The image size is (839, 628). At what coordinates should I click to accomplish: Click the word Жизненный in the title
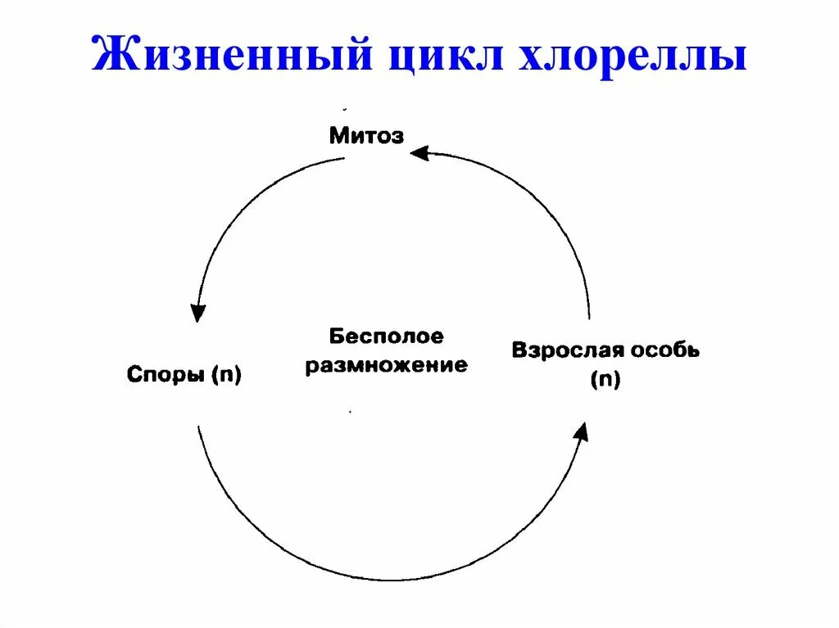click(x=220, y=56)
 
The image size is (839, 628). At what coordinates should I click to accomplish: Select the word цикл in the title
click(x=438, y=56)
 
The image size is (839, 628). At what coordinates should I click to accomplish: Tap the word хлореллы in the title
click(x=636, y=56)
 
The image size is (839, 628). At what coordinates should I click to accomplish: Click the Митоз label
click(x=366, y=135)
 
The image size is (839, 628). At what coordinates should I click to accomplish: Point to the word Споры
click(x=164, y=375)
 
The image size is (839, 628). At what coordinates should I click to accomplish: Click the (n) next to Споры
click(x=224, y=376)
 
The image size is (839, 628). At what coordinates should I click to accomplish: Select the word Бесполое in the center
click(x=386, y=336)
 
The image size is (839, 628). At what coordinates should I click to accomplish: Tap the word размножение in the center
click(x=386, y=364)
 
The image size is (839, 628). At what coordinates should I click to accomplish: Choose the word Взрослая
click(x=570, y=350)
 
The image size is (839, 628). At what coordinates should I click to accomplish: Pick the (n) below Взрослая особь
click(x=605, y=380)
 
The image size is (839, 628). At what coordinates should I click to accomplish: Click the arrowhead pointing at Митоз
click(x=419, y=152)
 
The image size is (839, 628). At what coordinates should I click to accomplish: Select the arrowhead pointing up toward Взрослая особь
click(x=581, y=432)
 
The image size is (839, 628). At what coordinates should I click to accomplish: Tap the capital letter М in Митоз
click(x=337, y=135)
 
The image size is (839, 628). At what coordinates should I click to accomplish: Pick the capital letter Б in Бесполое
click(x=336, y=336)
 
